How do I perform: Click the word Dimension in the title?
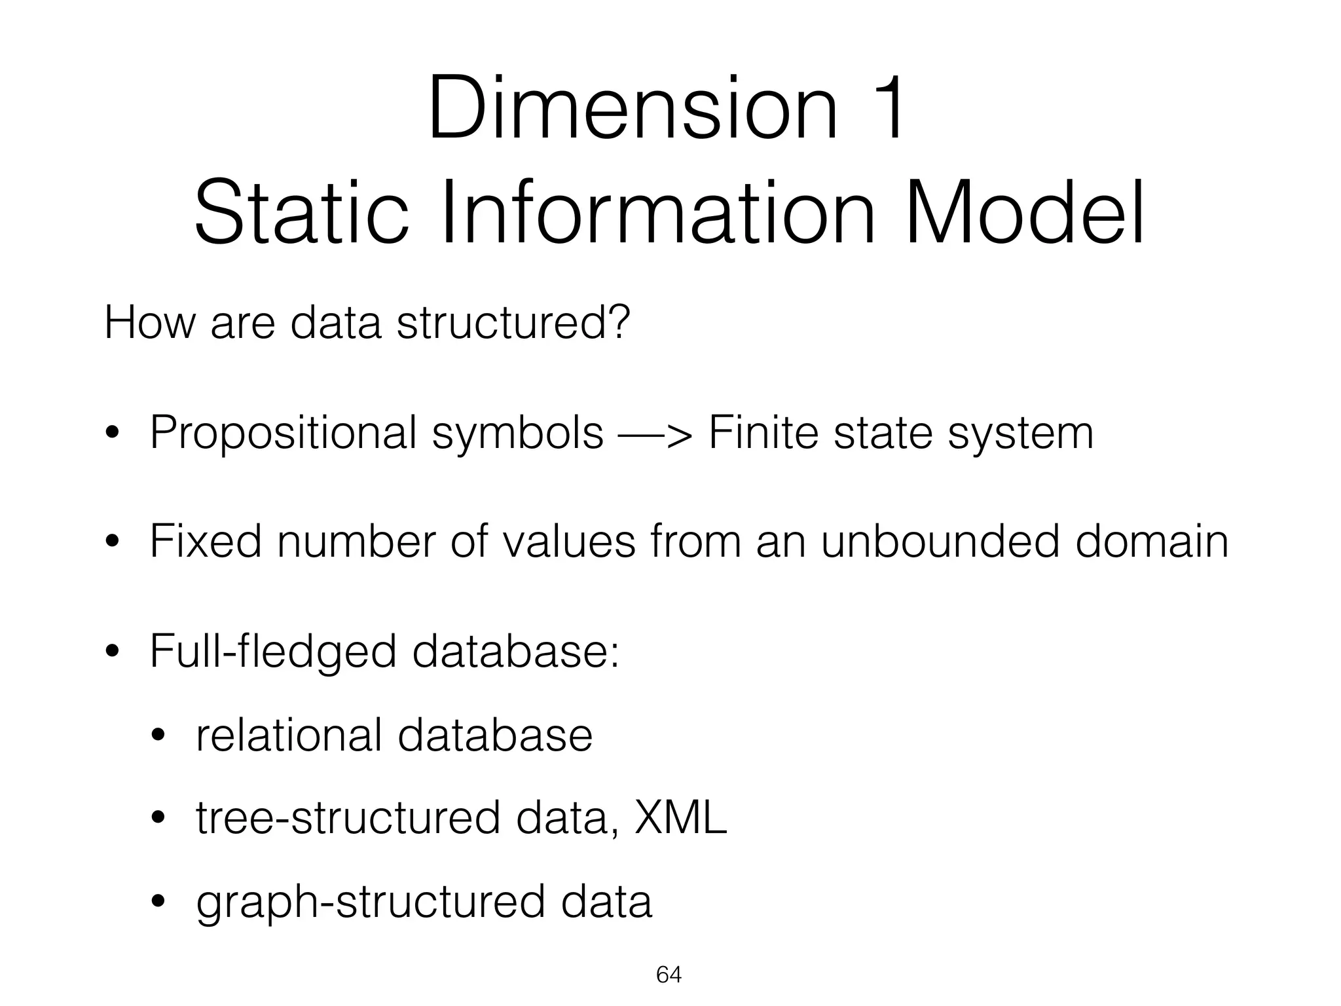tap(633, 109)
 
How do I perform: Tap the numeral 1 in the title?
tap(885, 109)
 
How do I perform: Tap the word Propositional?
tap(283, 434)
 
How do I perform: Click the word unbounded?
tap(940, 542)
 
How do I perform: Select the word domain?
tap(1152, 542)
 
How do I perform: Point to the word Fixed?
tap(205, 542)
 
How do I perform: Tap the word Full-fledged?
tap(273, 652)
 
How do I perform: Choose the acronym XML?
tap(681, 818)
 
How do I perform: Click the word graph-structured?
tap(370, 903)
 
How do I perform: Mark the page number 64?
tap(669, 975)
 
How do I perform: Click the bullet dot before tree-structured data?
tap(157, 819)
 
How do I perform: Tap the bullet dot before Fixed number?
tap(112, 542)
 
